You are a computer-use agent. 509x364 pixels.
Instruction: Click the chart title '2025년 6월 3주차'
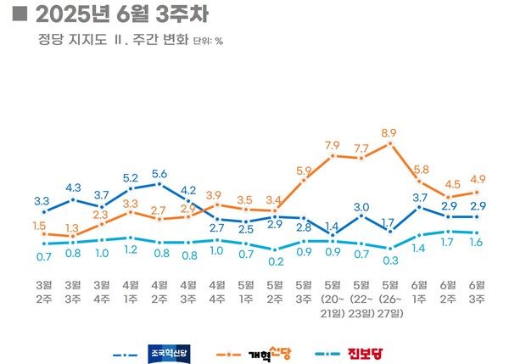123,14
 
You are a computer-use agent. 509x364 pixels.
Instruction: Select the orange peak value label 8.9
390,133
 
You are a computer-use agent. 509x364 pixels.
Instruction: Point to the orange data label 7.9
333,145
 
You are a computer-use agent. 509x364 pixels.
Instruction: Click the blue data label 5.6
159,174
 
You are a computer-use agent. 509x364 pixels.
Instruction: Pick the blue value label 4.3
73,188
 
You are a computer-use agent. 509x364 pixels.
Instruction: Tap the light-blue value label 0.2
275,260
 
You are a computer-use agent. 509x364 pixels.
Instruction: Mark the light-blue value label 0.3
390,260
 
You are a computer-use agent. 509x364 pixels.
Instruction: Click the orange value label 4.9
477,179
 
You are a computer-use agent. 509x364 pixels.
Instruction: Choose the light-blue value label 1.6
477,243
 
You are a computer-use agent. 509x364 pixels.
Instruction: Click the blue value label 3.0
361,206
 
